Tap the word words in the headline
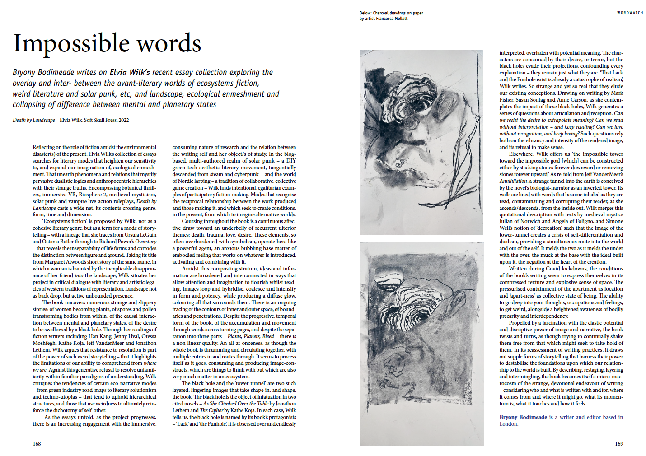click(x=169, y=44)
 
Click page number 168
click(x=37, y=444)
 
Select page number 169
click(x=619, y=444)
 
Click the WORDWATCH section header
click(x=630, y=13)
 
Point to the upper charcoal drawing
click(x=421, y=142)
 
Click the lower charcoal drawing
click(x=421, y=344)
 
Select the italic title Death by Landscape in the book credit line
click(x=34, y=120)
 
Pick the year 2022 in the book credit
click(x=124, y=120)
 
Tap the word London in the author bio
click(x=509, y=424)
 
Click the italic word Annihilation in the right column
click(x=513, y=181)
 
